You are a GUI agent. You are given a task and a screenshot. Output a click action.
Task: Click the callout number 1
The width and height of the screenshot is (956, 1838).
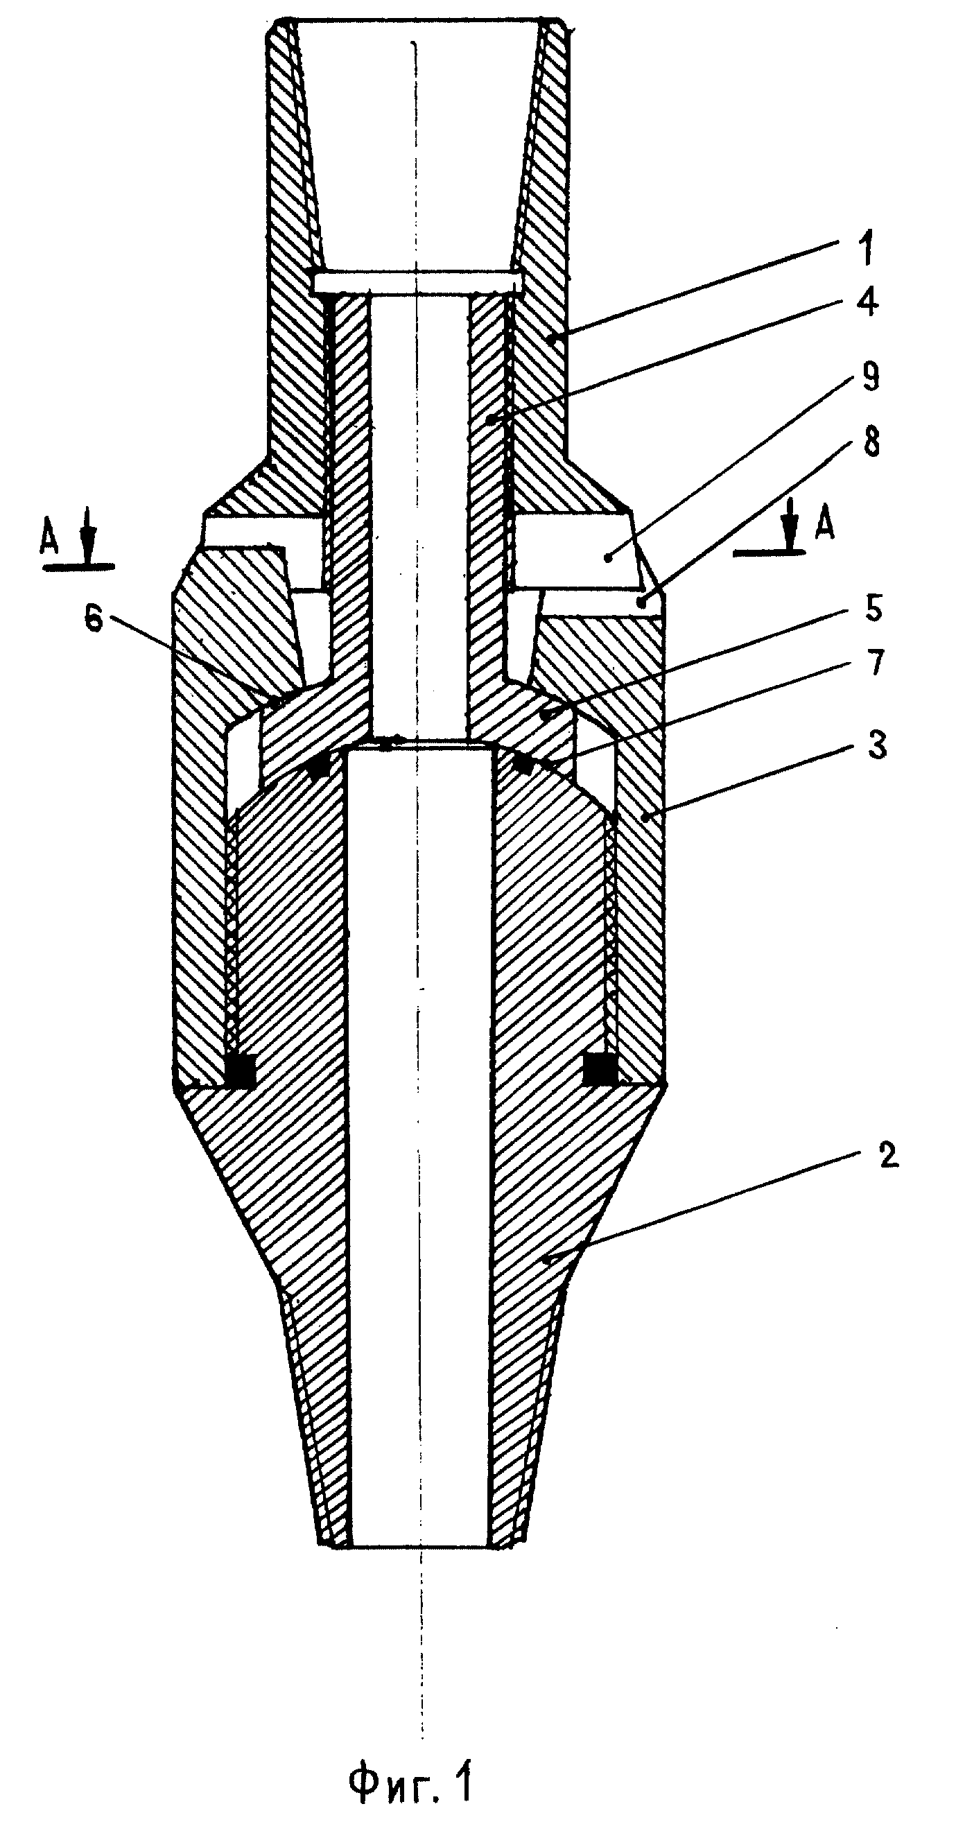[866, 253]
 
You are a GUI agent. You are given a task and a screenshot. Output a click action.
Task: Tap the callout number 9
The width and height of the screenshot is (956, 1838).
[869, 376]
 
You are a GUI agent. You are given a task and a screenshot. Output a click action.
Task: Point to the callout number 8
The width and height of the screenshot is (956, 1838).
[869, 442]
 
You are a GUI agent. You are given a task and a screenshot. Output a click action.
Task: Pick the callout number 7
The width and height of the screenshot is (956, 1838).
[874, 662]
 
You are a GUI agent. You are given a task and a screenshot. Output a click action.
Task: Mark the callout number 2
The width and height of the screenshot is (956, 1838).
[887, 1155]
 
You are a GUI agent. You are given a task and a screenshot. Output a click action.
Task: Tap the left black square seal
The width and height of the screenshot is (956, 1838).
[240, 1069]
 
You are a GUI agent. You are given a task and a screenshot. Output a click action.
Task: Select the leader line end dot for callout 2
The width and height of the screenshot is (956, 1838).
[546, 1260]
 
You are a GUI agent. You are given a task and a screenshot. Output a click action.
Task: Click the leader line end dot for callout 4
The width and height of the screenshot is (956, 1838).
[490, 421]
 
